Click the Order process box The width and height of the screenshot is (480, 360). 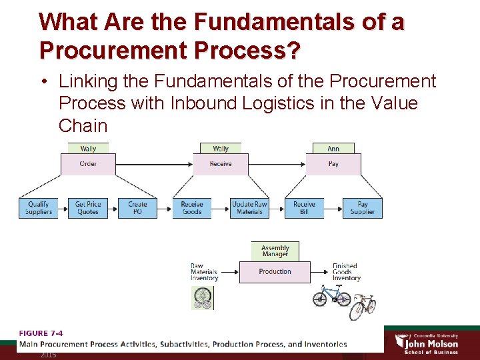tap(88, 164)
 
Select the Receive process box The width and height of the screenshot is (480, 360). tap(221, 164)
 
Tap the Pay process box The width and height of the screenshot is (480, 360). tap(333, 164)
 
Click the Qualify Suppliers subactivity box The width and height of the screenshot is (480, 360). tap(39, 208)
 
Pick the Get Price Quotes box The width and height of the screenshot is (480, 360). tap(88, 208)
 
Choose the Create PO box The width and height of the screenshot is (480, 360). tap(137, 208)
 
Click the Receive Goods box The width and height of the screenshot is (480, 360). tap(192, 208)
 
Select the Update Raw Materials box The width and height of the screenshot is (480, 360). tap(249, 208)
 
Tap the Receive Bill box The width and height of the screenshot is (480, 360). tap(304, 208)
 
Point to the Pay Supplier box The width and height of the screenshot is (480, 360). tap(363, 208)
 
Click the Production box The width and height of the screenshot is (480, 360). tap(275, 272)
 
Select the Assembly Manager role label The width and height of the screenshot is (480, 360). tap(275, 251)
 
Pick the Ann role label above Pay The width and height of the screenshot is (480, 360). tap(333, 149)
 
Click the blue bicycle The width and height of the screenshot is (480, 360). tap(331, 295)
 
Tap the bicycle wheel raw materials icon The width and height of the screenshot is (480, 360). tap(202, 298)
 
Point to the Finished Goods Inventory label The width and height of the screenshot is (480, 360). tap(345, 272)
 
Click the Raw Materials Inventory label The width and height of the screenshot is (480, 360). tap(204, 272)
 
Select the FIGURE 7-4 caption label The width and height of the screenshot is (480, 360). tap(41, 333)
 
